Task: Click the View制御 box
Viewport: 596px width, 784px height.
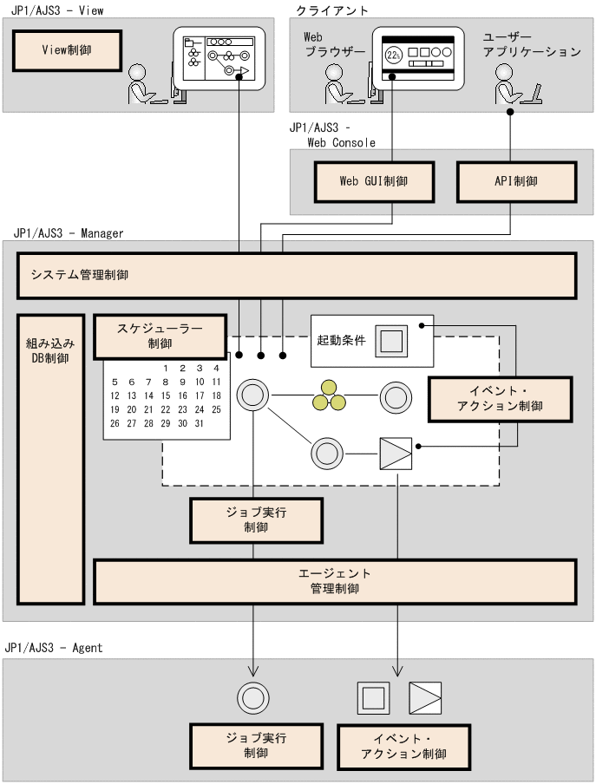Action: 66,51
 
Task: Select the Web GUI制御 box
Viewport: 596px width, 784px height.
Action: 373,181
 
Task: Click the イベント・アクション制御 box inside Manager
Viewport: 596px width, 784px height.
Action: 501,399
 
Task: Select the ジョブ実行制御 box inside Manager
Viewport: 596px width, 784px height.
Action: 255,519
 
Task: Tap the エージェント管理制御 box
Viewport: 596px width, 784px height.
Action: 335,581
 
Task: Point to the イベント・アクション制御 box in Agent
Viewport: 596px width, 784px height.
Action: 403,745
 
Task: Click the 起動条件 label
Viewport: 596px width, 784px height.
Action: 341,340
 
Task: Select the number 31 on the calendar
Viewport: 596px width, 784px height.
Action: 199,423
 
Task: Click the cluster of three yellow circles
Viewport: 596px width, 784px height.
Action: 329,396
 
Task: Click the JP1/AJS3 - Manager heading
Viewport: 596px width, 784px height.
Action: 69,233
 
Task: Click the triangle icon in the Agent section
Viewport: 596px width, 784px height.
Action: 425,696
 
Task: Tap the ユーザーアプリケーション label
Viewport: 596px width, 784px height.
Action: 531,44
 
